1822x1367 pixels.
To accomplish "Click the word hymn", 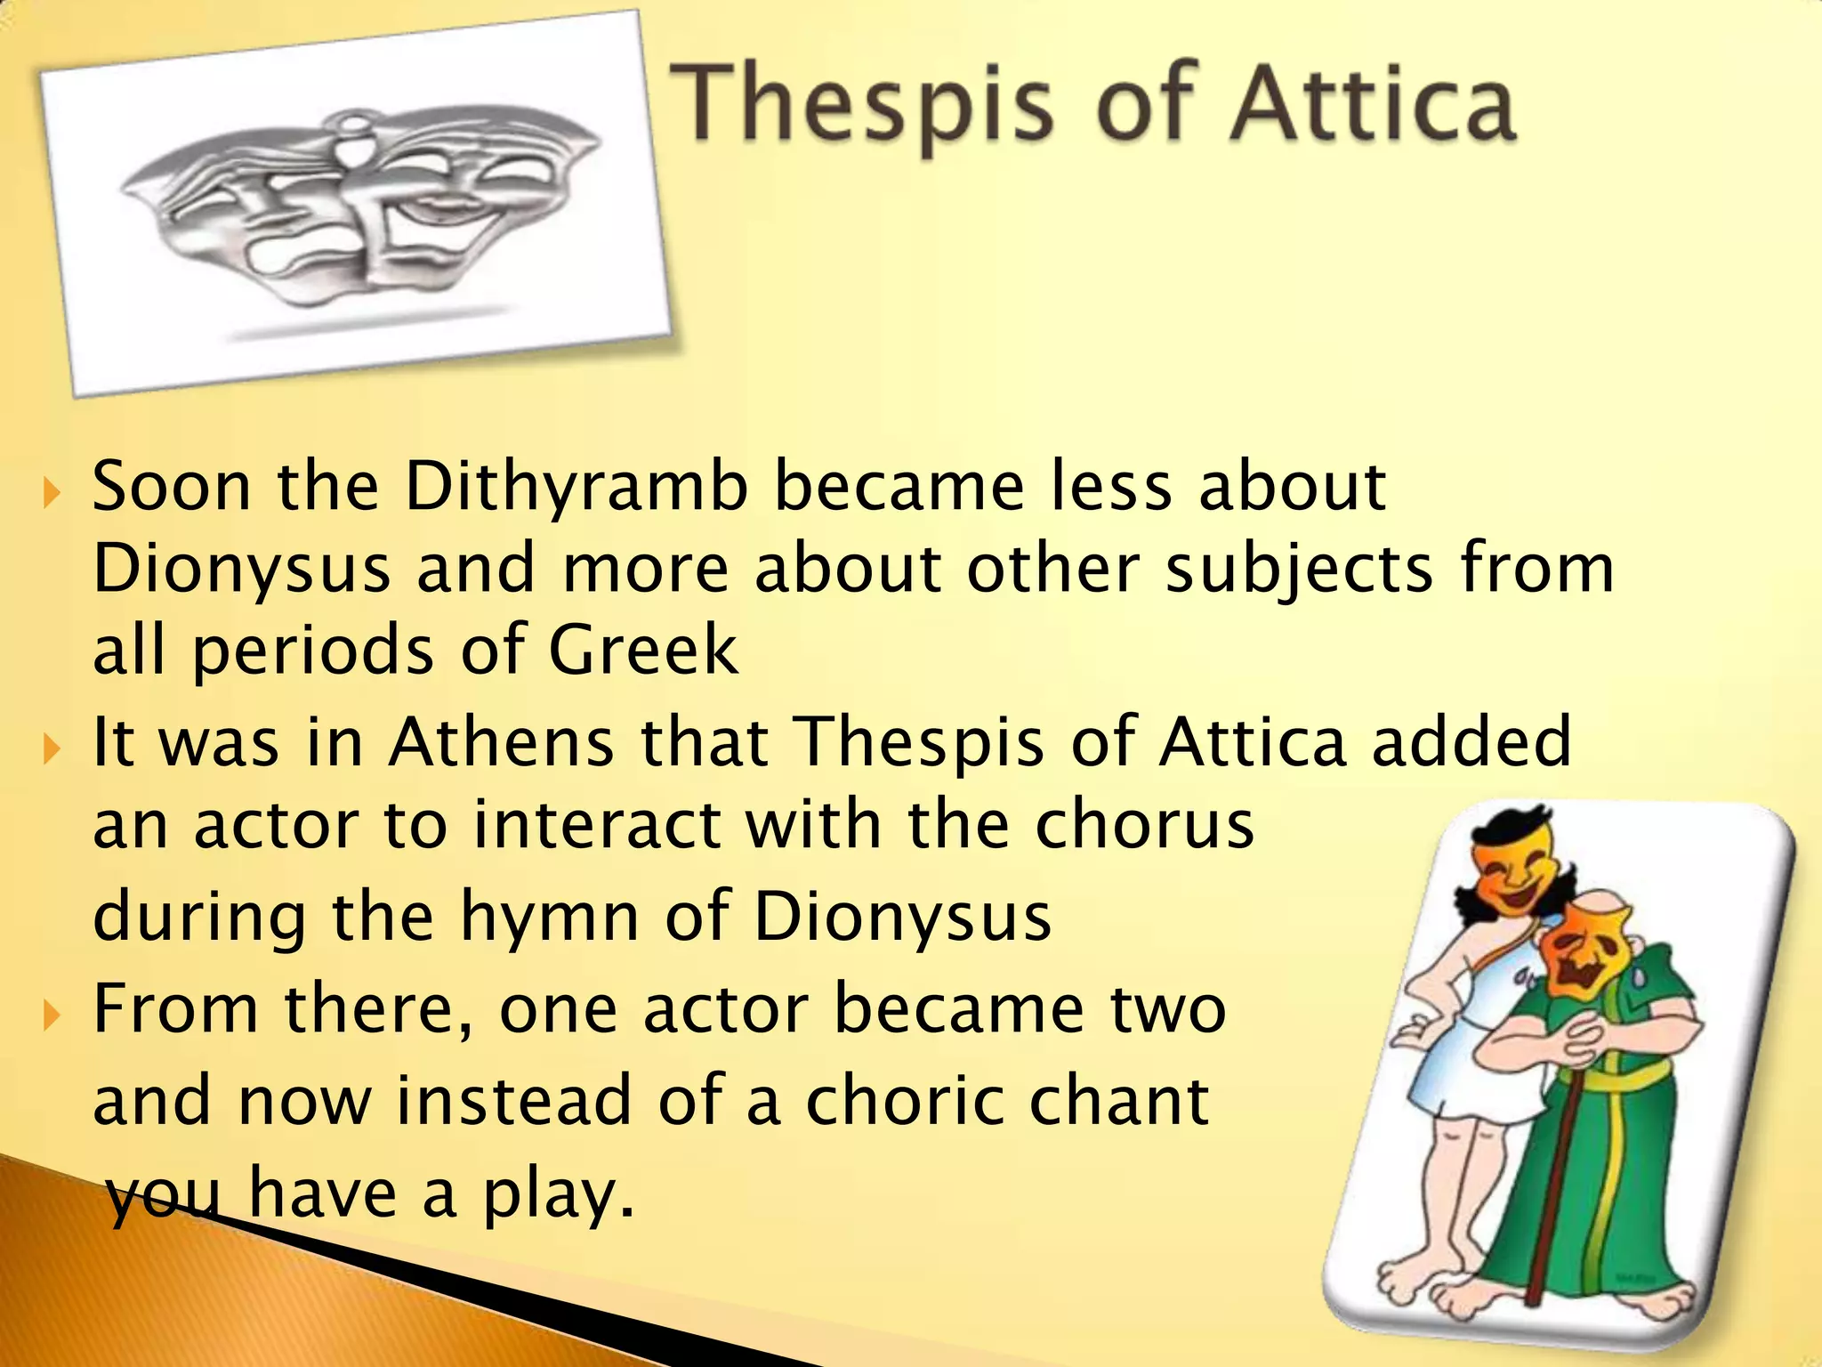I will (549, 917).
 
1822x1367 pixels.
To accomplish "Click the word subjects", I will (1299, 570).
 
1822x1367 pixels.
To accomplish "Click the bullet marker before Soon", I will (51, 491).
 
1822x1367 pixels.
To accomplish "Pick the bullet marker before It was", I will (51, 746).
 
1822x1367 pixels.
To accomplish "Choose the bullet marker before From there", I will (51, 1012).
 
